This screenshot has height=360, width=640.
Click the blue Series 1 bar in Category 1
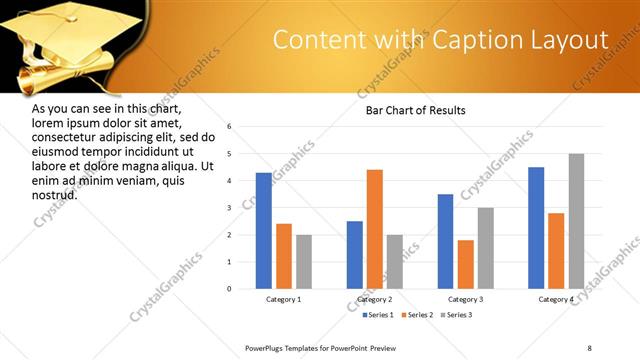tap(264, 231)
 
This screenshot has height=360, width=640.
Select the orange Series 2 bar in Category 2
tap(375, 229)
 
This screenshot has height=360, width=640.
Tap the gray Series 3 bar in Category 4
tap(576, 221)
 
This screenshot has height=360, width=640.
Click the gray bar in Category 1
tap(304, 262)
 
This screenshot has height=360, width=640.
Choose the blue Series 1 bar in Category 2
tap(355, 255)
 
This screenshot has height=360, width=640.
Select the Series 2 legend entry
tap(413, 315)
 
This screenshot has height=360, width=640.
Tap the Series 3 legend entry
tap(456, 315)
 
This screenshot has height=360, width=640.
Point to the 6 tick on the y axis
tap(230, 127)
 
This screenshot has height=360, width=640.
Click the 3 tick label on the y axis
tap(230, 208)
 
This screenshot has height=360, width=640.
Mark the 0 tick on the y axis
tap(230, 289)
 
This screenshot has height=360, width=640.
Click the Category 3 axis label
tap(466, 300)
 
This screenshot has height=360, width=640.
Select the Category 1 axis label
tap(284, 300)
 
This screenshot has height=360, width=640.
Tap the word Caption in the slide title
tap(463, 40)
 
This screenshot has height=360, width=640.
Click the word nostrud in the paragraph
tap(55, 194)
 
